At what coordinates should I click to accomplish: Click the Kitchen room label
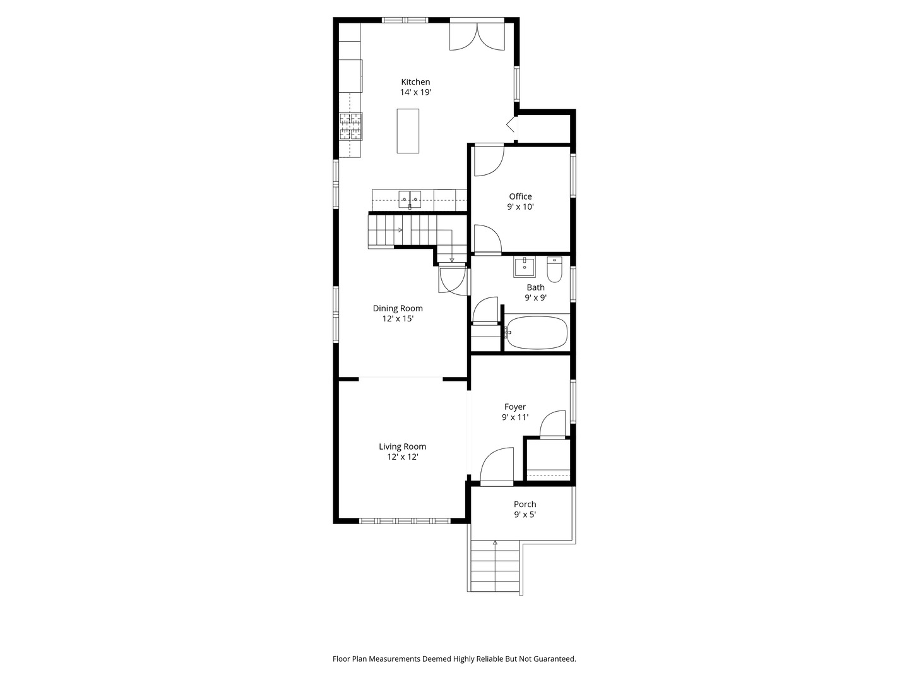tap(415, 82)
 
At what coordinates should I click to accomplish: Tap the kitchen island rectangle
tap(408, 131)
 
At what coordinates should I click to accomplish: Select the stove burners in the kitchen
tap(351, 126)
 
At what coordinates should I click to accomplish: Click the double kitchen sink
tap(410, 199)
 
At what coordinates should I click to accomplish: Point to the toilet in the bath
tap(554, 269)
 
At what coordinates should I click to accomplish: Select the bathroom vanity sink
tap(525, 267)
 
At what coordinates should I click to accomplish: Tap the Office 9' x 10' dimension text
tap(521, 206)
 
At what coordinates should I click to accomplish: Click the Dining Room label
tap(398, 308)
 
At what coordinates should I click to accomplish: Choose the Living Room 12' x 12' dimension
tap(403, 457)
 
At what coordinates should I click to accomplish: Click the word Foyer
tap(514, 407)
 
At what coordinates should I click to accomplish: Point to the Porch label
tap(525, 504)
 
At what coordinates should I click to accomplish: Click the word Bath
tap(535, 287)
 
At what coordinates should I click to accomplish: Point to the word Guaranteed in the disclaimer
tap(554, 659)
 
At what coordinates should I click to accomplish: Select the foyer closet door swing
tap(552, 424)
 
